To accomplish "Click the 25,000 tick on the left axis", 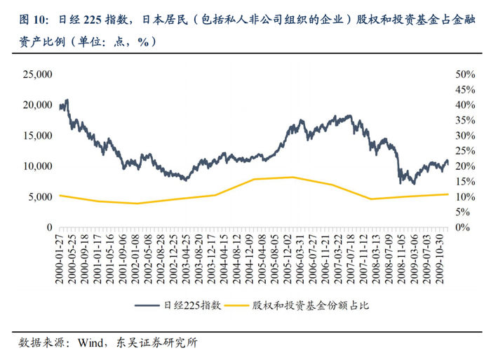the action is coord(38,74).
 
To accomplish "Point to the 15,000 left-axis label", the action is coord(38,135).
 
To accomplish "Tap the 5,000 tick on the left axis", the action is coord(41,197).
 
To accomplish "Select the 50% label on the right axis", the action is coord(465,74).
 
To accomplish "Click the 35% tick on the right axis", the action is coord(465,120).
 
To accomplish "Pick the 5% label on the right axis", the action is coord(462,212).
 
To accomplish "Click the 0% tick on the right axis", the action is coord(462,227).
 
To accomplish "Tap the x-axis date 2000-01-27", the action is coord(60,259).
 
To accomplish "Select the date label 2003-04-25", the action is coord(187,259).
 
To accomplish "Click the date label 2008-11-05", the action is coord(402,259).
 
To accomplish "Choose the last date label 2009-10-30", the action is coord(440,259).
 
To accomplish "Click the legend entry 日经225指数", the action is coord(178,305).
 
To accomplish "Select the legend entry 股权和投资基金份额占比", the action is coord(297,305).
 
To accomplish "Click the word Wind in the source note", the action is coord(90,342).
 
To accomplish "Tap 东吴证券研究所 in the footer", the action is coord(156,342).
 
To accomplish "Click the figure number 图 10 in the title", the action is coord(32,20).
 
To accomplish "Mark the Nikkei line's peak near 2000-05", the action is coord(67,100).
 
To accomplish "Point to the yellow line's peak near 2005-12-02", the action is coord(292,177).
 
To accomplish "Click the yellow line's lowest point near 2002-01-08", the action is coord(137,204).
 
